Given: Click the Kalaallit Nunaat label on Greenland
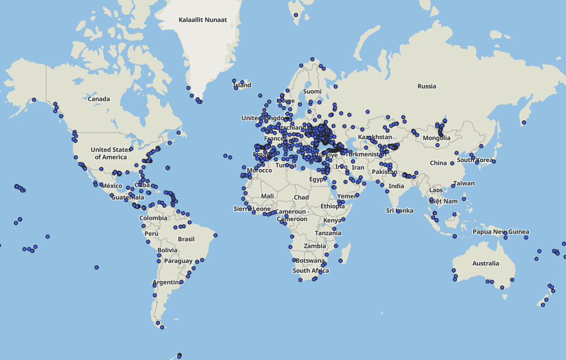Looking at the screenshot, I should pyautogui.click(x=203, y=20).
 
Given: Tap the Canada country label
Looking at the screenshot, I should pyautogui.click(x=99, y=99).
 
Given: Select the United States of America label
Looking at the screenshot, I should pyautogui.click(x=111, y=153).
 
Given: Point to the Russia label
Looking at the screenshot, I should pyautogui.click(x=427, y=86).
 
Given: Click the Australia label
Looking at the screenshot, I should pyautogui.click(x=486, y=263).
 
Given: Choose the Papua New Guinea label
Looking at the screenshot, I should pyautogui.click(x=501, y=232).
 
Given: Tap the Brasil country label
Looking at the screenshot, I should pyautogui.click(x=186, y=239).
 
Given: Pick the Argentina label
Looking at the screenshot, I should pyautogui.click(x=167, y=283).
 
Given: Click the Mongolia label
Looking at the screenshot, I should pyautogui.click(x=436, y=138).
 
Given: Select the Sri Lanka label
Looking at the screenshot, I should pyautogui.click(x=400, y=211).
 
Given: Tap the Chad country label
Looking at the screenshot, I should pyautogui.click(x=301, y=197).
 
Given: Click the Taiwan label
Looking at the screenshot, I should pyautogui.click(x=464, y=184).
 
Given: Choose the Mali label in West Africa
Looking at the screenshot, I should pyautogui.click(x=268, y=196).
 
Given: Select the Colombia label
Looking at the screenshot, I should pyautogui.click(x=153, y=218).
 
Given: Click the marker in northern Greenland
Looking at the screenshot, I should pyautogui.click(x=296, y=15).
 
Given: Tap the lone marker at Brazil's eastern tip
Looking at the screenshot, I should pyautogui.click(x=216, y=236).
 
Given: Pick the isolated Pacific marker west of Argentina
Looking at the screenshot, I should pyautogui.click(x=97, y=267).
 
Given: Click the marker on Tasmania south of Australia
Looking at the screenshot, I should pyautogui.click(x=502, y=287).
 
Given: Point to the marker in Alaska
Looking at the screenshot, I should pyautogui.click(x=34, y=100).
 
